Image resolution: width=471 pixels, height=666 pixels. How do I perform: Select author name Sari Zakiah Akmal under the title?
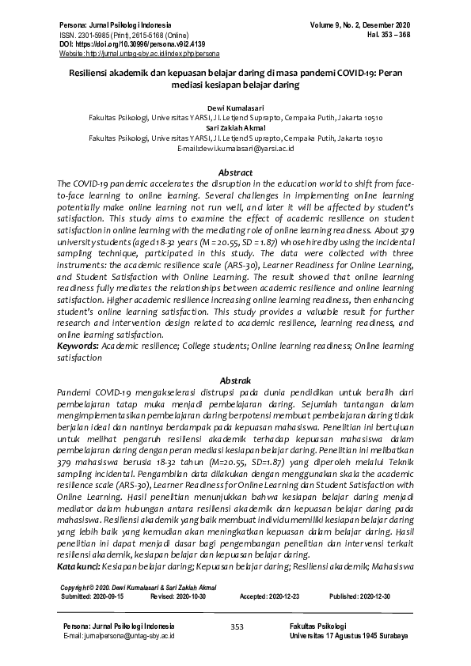point(236,127)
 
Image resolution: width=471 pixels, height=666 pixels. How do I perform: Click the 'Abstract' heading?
point(235,172)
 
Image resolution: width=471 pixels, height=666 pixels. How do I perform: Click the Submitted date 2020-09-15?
point(109,597)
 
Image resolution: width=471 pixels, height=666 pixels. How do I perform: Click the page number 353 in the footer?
point(236,626)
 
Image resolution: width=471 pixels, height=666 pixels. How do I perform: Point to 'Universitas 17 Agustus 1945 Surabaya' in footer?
point(349,636)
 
